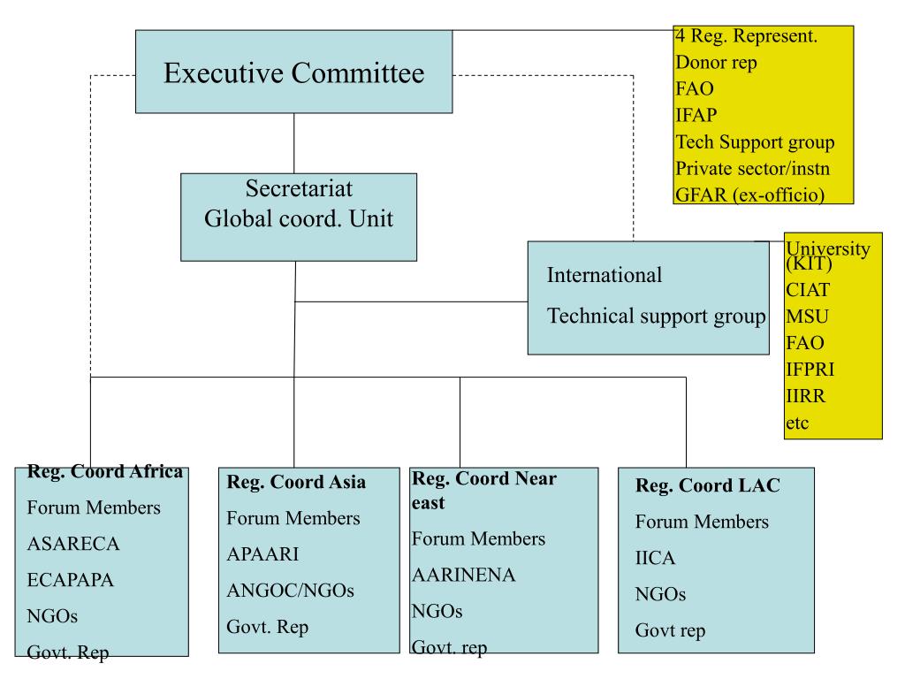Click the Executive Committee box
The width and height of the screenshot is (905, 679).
click(x=293, y=72)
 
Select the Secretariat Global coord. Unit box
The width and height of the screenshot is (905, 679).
click(x=299, y=217)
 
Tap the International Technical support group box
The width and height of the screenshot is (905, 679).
click(x=648, y=298)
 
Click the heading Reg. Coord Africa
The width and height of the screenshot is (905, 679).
click(x=105, y=471)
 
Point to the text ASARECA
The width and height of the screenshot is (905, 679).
click(x=73, y=544)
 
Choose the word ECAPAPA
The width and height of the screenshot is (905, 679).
click(x=71, y=580)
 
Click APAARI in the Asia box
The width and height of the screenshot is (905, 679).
click(x=262, y=554)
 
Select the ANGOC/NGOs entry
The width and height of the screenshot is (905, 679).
click(x=290, y=591)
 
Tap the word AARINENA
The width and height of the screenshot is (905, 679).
click(x=463, y=575)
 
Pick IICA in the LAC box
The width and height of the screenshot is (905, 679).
click(x=655, y=558)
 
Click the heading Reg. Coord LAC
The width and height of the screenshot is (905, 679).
click(x=708, y=485)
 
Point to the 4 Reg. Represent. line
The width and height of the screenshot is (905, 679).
click(x=746, y=35)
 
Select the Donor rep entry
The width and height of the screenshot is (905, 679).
click(x=716, y=63)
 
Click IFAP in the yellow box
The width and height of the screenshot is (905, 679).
click(x=696, y=116)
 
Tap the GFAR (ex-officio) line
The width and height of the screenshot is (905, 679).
click(x=749, y=195)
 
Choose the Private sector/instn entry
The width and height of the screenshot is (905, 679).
click(x=753, y=169)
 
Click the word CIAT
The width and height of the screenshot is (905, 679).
click(x=808, y=290)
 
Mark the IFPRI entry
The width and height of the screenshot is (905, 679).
click(x=810, y=370)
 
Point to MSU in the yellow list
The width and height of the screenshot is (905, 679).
click(x=807, y=317)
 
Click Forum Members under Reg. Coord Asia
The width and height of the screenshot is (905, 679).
click(x=293, y=518)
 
